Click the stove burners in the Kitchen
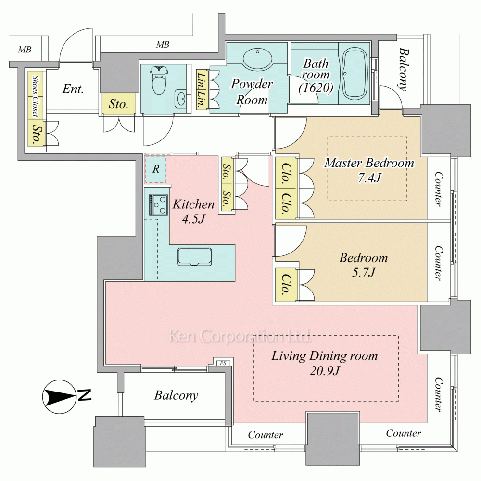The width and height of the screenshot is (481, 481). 158,205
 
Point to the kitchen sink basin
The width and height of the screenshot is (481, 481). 195,256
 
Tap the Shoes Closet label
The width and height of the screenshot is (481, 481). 35,96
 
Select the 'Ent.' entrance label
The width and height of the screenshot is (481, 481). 73,89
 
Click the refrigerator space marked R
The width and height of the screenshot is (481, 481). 156,169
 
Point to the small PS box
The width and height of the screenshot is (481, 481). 223,363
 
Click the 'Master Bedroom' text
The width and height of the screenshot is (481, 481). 368,163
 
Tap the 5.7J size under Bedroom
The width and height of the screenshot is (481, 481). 363,272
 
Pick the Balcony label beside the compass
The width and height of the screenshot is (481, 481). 176,395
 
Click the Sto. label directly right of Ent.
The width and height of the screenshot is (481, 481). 118,104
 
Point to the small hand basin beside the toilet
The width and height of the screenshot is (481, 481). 181,99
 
